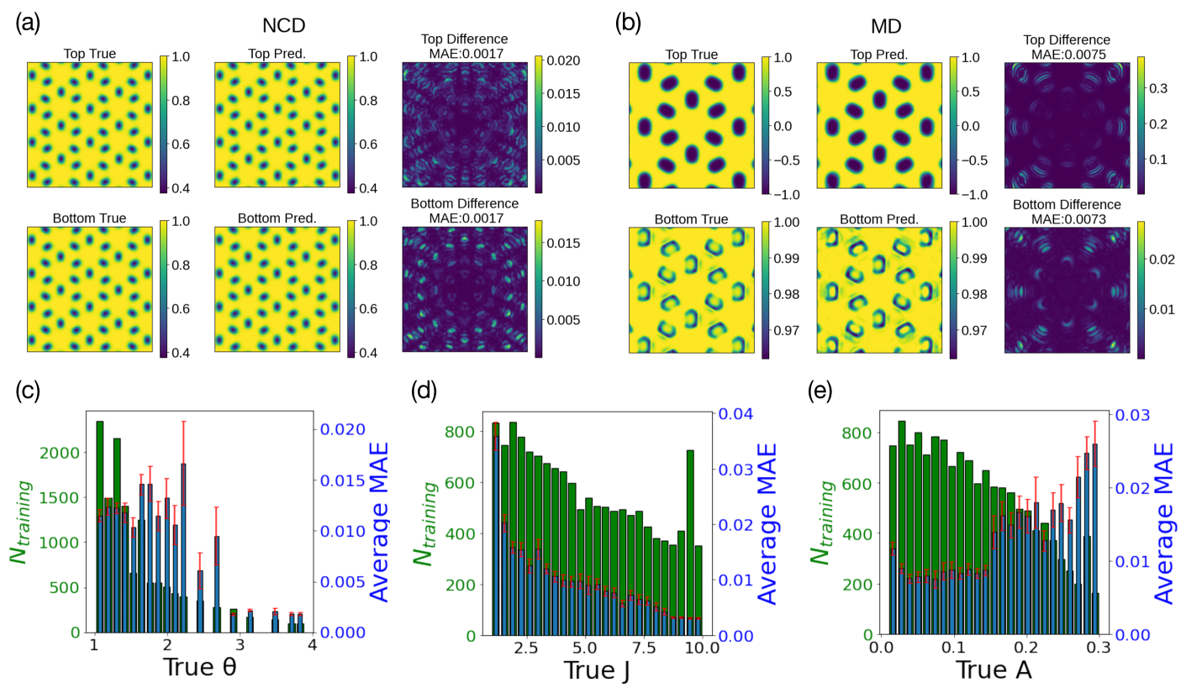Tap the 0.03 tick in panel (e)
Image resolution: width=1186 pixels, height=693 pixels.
(1124, 415)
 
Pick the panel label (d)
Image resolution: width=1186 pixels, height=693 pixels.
(424, 391)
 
